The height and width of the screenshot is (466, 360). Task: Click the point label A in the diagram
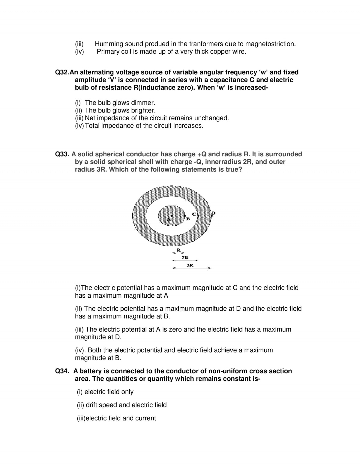click(x=169, y=219)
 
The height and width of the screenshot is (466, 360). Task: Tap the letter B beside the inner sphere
click(x=188, y=219)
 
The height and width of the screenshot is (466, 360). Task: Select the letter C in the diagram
click(x=194, y=214)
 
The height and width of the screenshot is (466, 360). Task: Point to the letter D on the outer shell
click(x=214, y=213)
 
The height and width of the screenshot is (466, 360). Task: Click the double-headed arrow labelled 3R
click(x=191, y=268)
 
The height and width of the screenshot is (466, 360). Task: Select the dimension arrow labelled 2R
click(x=184, y=260)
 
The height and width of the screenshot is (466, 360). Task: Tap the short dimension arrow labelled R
click(x=178, y=253)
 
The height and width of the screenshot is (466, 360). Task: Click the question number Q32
click(x=62, y=72)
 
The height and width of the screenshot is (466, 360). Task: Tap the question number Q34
click(x=62, y=371)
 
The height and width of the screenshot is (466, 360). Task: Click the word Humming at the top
click(x=109, y=44)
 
